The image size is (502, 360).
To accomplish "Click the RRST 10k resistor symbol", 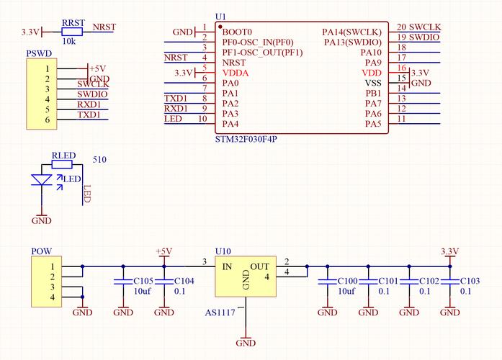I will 72,32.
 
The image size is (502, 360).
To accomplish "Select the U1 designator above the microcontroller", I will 220,17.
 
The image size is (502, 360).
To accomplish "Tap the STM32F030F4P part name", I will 246,139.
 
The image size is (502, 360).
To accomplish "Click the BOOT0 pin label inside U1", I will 237,32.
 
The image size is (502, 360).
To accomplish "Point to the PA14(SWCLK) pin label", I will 351,32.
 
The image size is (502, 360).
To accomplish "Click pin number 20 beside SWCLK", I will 401,27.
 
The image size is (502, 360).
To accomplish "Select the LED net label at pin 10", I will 173,119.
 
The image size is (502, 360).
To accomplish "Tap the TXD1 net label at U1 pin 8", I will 176,99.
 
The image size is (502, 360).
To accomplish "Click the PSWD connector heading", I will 37,54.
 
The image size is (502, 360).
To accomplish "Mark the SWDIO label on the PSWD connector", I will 92,94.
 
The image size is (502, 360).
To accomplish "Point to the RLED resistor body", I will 62,164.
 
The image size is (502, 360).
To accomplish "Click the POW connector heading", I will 41,251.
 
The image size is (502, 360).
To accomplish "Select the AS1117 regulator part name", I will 220,314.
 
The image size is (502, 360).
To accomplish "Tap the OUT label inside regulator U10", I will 259,266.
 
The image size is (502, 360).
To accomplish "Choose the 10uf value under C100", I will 346,291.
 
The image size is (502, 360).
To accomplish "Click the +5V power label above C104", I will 164,251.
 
